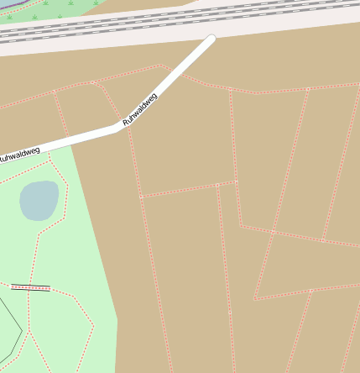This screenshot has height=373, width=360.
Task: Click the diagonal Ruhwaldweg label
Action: coord(140,108)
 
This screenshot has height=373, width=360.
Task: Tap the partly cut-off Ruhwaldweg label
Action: coord(18,155)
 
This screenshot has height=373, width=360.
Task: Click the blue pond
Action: coord(39,200)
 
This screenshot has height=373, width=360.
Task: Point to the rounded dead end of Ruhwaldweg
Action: coord(211,39)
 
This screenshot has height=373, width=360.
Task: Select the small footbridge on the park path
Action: coord(30,287)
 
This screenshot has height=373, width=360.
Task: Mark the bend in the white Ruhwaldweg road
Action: coord(116,129)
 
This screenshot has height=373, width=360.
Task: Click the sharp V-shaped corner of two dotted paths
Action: coord(254,297)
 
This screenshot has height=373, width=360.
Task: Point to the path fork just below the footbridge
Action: coord(28,298)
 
